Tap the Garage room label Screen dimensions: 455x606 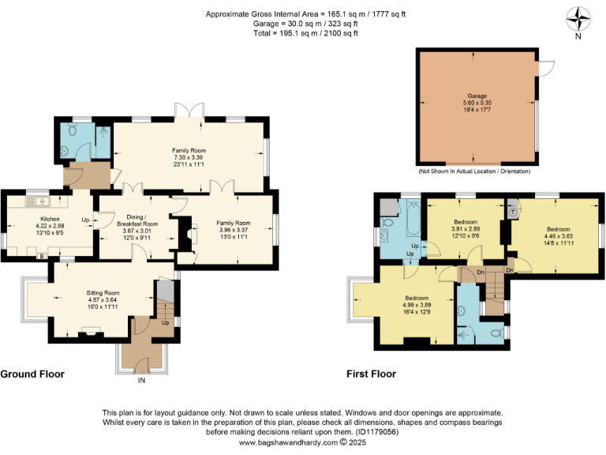point(476,95)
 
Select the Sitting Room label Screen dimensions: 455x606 point(101,293)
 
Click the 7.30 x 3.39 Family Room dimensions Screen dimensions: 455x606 point(189,157)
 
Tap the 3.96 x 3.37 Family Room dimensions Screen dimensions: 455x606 point(234,231)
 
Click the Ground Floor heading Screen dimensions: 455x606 point(32,374)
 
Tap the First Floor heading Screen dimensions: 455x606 point(371,374)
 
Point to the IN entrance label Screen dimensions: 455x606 point(142,381)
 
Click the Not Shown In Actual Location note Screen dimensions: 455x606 point(474,171)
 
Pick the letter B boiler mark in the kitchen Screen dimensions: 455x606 point(42,256)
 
